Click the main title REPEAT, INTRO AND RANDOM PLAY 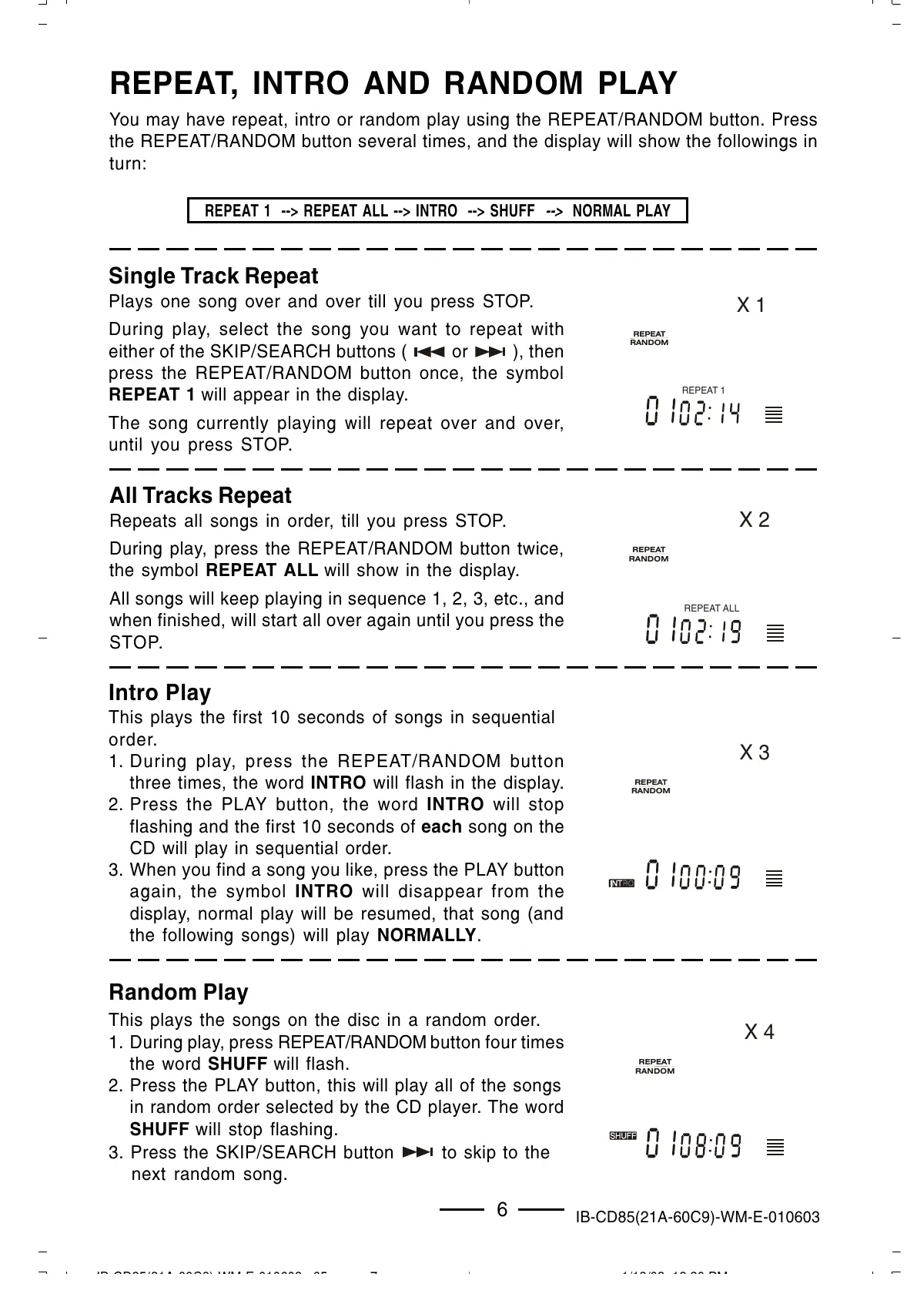(x=393, y=83)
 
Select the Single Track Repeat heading (x=213, y=276)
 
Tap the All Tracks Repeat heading (x=201, y=495)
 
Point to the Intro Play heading (x=159, y=692)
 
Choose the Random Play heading (x=179, y=992)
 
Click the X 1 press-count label (x=751, y=306)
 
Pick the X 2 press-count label (x=755, y=520)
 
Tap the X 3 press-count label (x=755, y=752)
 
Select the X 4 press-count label (x=759, y=1032)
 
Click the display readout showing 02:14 (x=693, y=413)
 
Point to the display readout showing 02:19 (x=693, y=632)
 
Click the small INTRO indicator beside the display (x=621, y=883)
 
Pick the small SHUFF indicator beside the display (x=623, y=1136)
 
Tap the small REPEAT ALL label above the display (x=711, y=608)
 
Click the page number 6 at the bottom (x=502, y=1210)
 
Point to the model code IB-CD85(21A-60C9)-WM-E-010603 (x=698, y=1218)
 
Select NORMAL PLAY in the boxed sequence (x=621, y=211)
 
